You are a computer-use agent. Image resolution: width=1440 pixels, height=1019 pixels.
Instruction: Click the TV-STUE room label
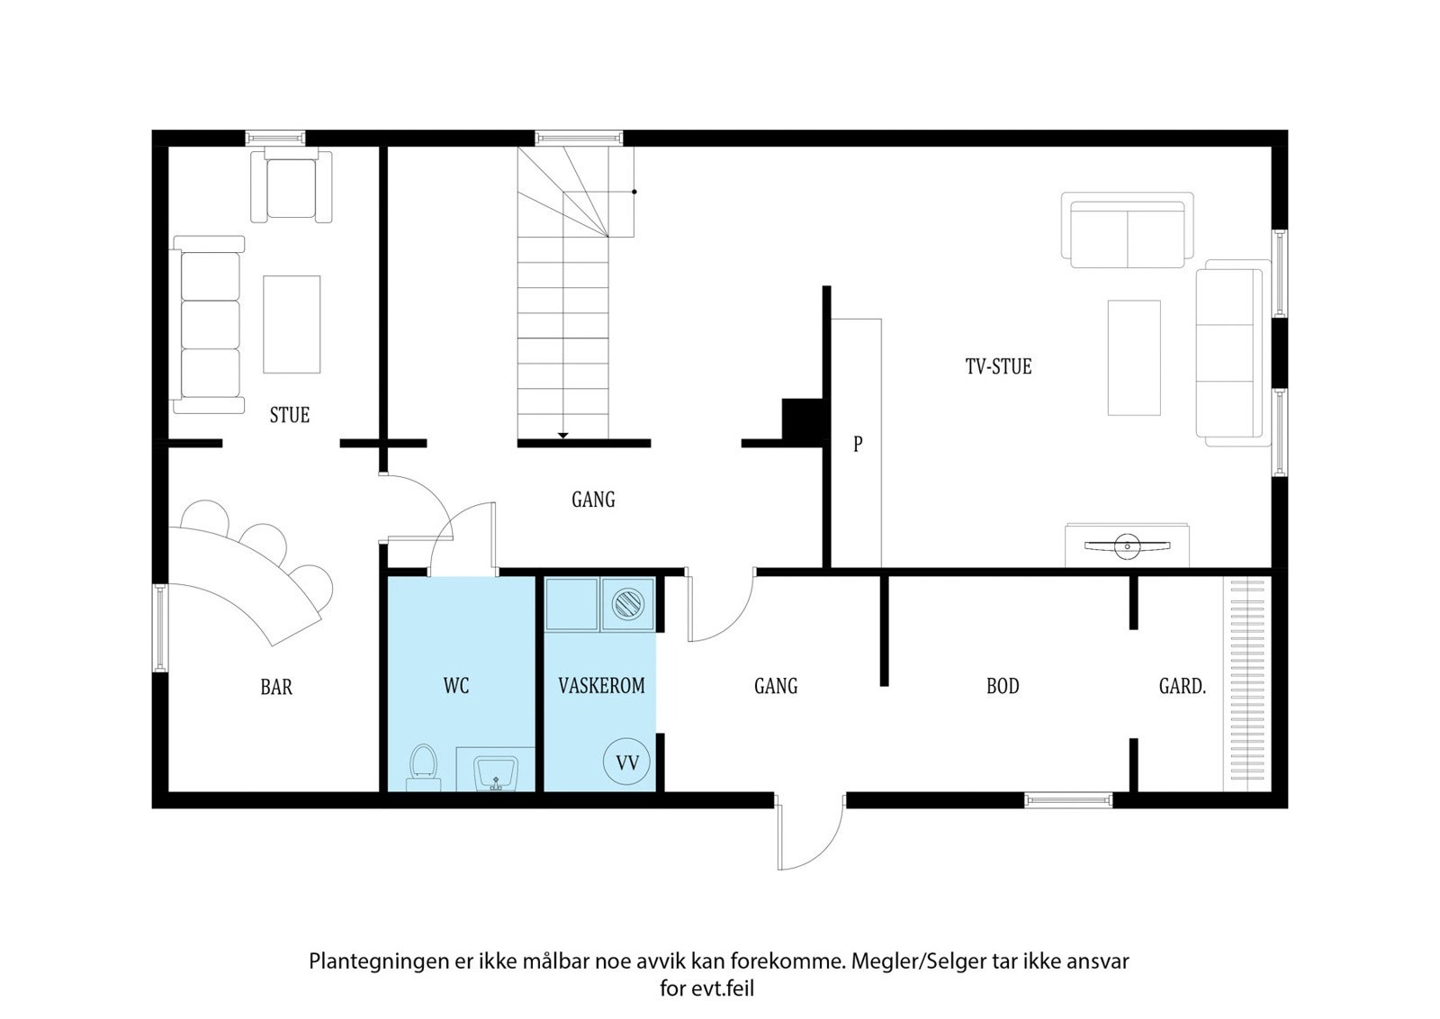pyautogui.click(x=998, y=366)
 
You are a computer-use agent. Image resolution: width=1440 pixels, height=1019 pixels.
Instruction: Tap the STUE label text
pyautogui.click(x=289, y=415)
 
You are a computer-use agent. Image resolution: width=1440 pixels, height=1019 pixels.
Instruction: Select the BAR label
pyautogui.click(x=276, y=687)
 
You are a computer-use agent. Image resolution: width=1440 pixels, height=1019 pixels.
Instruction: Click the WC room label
pyautogui.click(x=455, y=686)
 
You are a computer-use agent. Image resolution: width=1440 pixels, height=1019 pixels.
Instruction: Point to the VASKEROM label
pyautogui.click(x=602, y=686)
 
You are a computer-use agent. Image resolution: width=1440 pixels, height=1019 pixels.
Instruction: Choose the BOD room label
pyautogui.click(x=1003, y=687)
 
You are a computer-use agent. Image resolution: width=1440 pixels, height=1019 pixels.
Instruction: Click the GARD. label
pyautogui.click(x=1183, y=687)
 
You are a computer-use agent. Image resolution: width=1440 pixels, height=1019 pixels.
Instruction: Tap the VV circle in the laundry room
pyautogui.click(x=626, y=762)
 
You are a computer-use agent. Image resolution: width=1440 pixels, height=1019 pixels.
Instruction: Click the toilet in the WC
pyautogui.click(x=424, y=768)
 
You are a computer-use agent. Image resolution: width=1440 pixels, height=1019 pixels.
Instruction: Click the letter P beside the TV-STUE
pyautogui.click(x=858, y=444)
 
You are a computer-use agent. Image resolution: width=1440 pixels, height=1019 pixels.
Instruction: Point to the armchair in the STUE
pyautogui.click(x=292, y=187)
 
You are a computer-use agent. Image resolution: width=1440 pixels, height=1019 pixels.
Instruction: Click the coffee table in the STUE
pyautogui.click(x=292, y=325)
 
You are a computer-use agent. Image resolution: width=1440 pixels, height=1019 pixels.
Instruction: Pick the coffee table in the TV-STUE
pyautogui.click(x=1134, y=357)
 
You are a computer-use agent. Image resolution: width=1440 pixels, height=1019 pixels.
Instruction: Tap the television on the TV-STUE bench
pyautogui.click(x=1127, y=546)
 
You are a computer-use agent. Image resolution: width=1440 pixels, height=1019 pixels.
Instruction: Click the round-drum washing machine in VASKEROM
pyautogui.click(x=628, y=604)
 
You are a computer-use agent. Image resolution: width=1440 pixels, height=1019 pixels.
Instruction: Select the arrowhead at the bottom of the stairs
pyautogui.click(x=562, y=436)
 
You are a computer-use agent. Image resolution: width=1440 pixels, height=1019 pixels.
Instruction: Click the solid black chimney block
pyautogui.click(x=802, y=419)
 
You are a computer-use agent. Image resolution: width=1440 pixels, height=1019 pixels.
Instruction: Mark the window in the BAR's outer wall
pyautogui.click(x=159, y=627)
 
